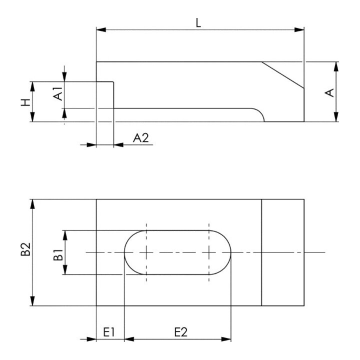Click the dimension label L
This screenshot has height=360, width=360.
click(x=198, y=23)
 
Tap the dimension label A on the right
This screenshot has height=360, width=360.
click(x=329, y=93)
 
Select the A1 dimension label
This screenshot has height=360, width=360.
click(x=58, y=93)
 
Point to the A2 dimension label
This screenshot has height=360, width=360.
click(x=141, y=138)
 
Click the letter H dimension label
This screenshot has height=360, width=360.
click(x=25, y=102)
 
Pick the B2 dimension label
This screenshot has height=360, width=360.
click(x=25, y=249)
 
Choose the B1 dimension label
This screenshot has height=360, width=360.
click(x=58, y=255)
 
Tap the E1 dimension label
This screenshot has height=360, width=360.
click(x=108, y=332)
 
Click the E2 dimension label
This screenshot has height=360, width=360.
click(x=181, y=332)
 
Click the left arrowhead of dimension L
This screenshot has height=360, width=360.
click(x=101, y=29)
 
